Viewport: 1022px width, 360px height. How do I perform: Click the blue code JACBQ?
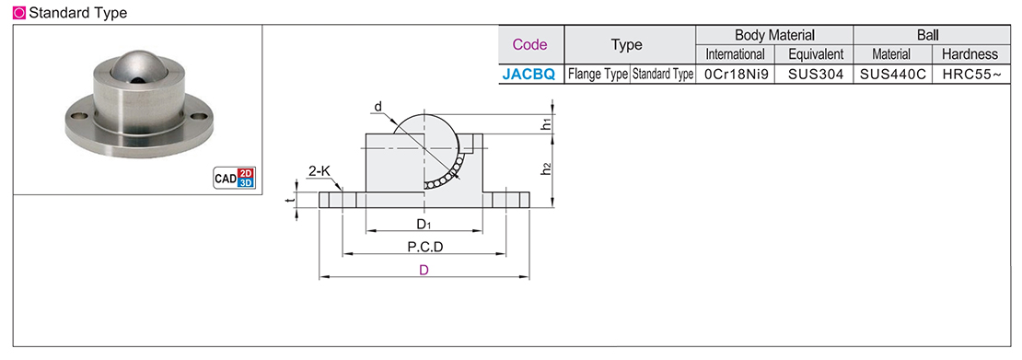tap(528, 75)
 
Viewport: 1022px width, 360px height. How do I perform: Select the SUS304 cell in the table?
tap(816, 75)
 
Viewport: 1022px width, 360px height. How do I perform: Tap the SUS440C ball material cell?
tap(892, 75)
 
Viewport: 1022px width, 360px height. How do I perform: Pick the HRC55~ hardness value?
tap(970, 75)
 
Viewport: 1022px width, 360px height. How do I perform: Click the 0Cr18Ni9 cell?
tap(736, 75)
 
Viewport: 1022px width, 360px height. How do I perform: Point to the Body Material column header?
tap(774, 35)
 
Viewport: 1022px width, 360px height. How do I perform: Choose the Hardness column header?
tap(970, 54)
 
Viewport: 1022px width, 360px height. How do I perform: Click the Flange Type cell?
tap(598, 75)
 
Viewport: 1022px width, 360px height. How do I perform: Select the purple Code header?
tap(530, 45)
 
